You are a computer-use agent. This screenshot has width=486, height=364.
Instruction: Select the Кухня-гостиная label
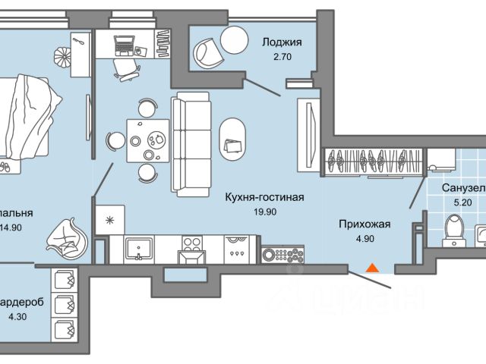point(264,198)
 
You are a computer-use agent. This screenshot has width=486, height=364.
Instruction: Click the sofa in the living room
point(190,142)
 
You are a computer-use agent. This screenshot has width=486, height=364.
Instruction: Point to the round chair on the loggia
point(207,50)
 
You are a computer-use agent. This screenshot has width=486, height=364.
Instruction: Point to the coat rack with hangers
point(373,160)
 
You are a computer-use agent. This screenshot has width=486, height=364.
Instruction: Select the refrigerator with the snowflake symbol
point(111,221)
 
